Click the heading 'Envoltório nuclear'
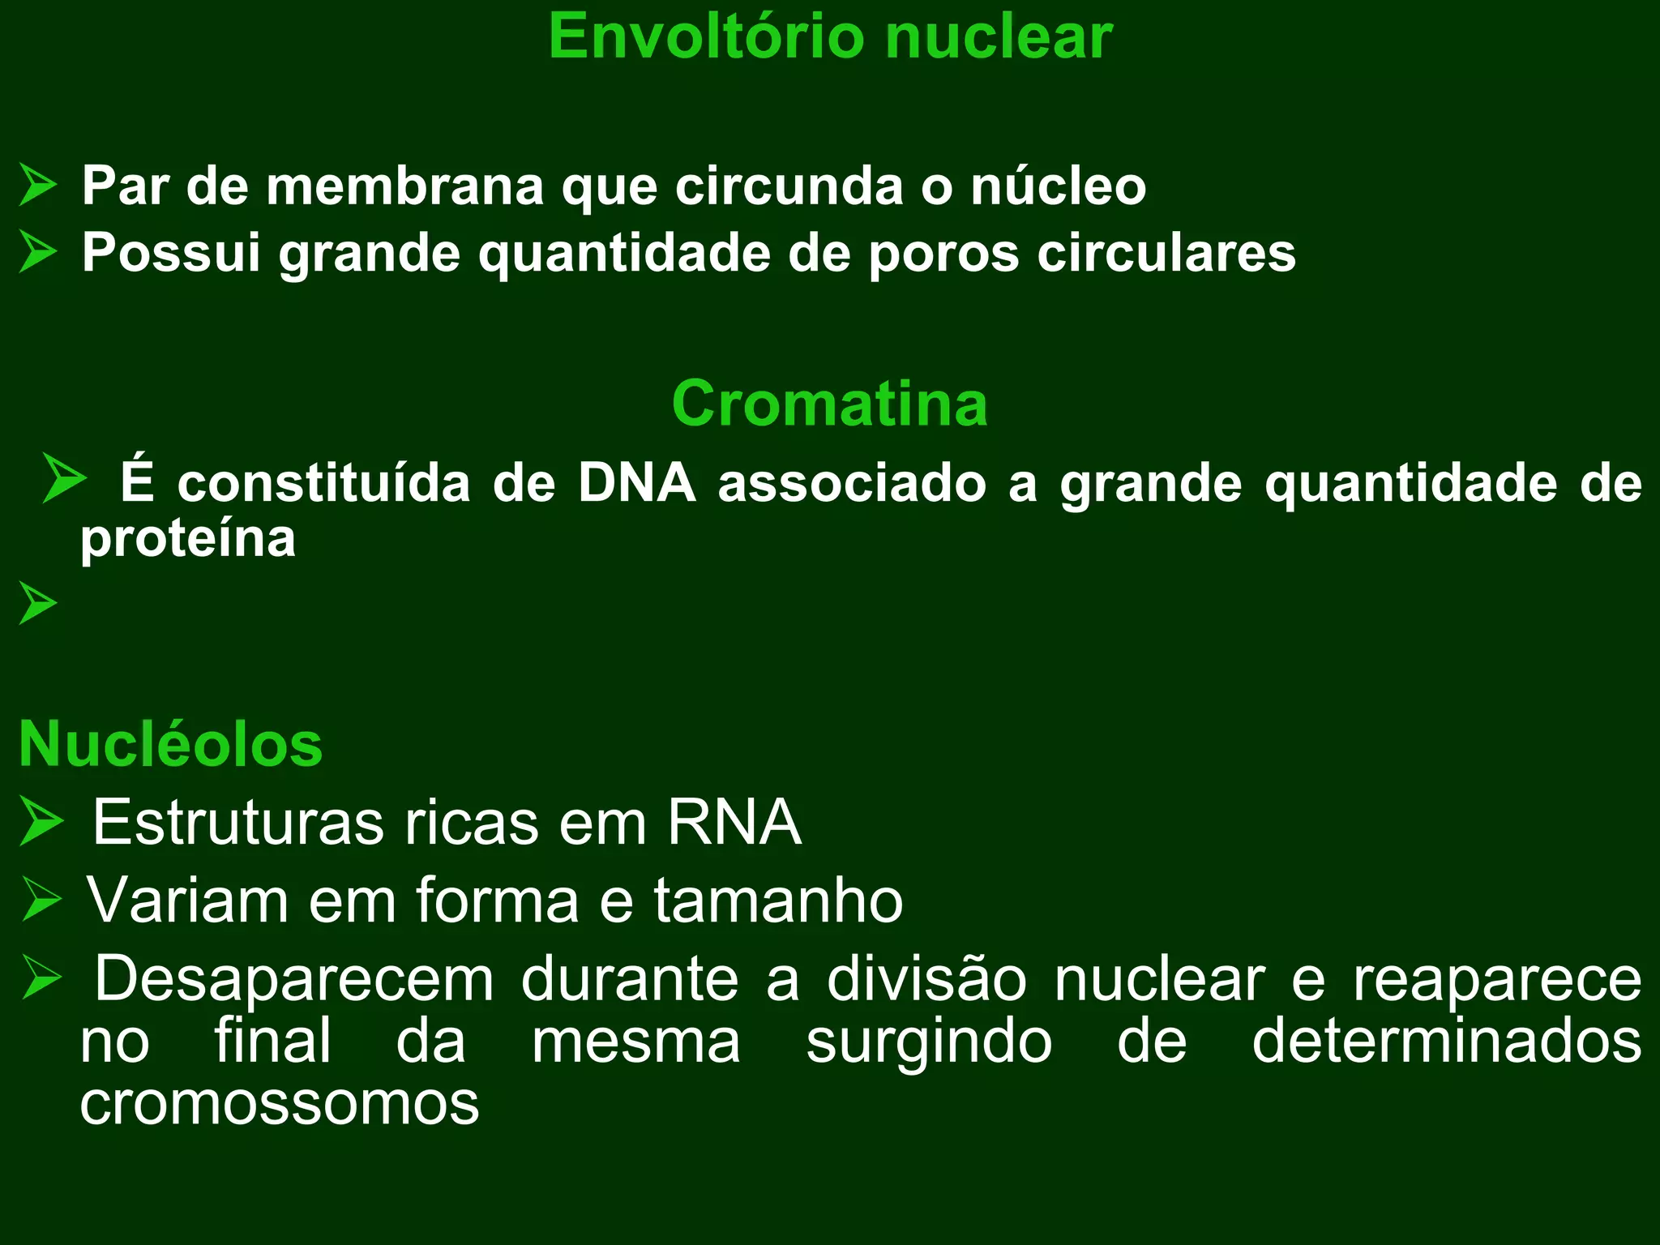click(x=830, y=36)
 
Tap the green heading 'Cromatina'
click(x=829, y=403)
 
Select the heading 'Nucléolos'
click(x=171, y=744)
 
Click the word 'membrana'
click(x=404, y=186)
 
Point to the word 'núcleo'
click(x=1058, y=186)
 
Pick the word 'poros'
click(x=943, y=253)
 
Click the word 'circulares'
click(x=1166, y=253)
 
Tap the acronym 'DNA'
click(x=636, y=483)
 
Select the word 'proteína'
click(x=188, y=538)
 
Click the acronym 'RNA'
click(x=734, y=822)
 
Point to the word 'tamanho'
click(x=778, y=900)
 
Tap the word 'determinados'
click(x=1447, y=1041)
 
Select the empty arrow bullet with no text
click(x=38, y=603)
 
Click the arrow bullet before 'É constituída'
click(x=64, y=477)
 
